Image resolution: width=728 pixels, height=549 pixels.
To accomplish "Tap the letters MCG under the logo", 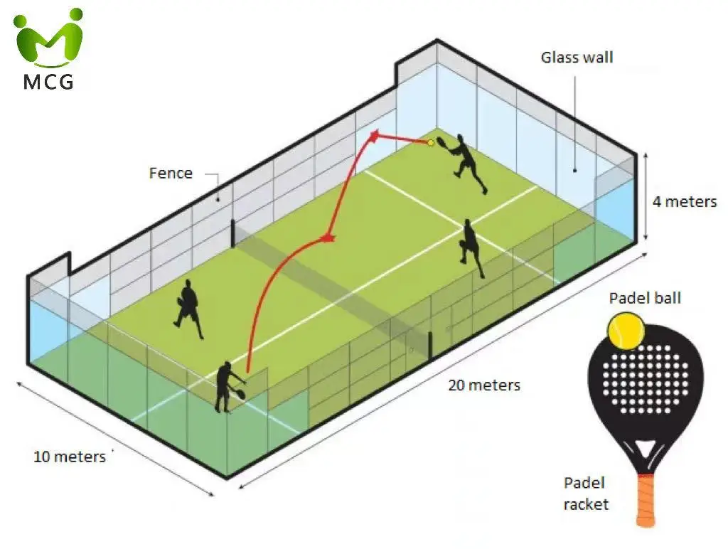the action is (48, 81).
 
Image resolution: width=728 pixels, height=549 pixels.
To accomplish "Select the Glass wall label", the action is (577, 58).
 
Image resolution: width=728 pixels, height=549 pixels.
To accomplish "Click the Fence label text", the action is (171, 173).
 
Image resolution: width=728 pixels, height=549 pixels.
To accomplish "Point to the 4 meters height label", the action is (685, 201).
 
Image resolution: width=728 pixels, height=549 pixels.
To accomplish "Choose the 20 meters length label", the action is (484, 385).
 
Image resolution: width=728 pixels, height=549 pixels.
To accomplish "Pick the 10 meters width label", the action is (69, 456).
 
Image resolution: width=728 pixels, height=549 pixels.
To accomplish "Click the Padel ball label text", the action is (645, 297).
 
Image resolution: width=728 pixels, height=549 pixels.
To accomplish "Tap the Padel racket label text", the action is (586, 494).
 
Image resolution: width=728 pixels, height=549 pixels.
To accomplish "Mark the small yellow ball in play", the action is (430, 143).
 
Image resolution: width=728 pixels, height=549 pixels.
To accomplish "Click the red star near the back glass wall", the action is (374, 134).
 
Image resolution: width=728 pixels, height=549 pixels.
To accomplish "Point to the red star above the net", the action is (328, 237).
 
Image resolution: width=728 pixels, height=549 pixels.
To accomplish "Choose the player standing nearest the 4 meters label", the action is (470, 246).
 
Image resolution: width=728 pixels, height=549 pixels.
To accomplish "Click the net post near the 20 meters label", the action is (432, 343).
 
